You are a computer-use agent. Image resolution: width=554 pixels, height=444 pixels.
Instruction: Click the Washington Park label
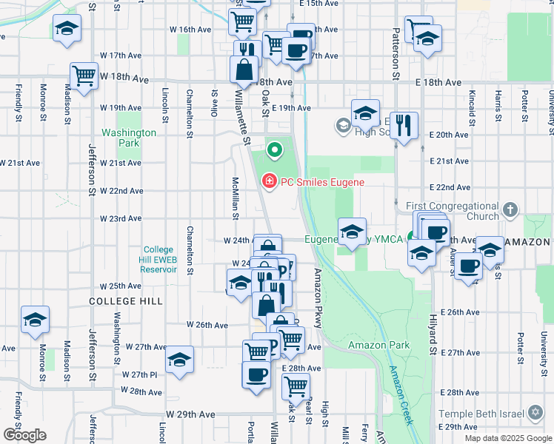tap(129, 138)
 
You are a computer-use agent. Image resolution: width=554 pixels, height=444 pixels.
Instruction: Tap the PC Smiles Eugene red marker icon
tap(268, 181)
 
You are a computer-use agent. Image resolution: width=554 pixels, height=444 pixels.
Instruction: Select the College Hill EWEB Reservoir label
tap(158, 260)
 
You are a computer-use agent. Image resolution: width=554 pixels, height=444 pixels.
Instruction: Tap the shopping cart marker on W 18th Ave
tap(84, 75)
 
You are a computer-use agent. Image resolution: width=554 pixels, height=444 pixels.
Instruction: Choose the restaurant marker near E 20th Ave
tap(404, 124)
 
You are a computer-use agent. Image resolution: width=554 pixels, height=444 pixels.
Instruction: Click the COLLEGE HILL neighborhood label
tap(124, 301)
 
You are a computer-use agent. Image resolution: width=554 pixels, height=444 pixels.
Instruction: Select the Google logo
tap(24, 435)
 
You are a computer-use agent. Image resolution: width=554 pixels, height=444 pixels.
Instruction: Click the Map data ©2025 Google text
tap(507, 438)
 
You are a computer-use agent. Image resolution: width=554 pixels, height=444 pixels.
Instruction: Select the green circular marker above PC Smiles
tap(275, 152)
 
